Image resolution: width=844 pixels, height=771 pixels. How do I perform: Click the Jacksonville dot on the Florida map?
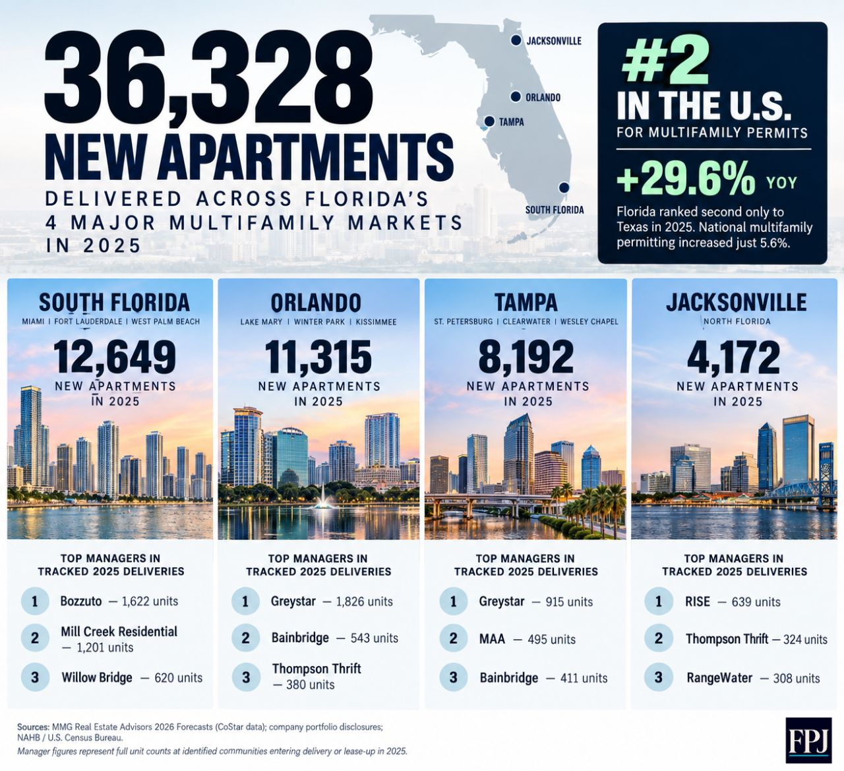point(516,40)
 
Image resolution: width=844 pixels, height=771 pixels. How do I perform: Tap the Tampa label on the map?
point(511,122)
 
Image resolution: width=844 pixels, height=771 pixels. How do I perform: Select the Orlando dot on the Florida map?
point(516,97)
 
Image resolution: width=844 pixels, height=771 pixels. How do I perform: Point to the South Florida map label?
point(555,210)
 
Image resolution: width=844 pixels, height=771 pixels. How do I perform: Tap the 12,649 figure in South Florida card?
point(115,357)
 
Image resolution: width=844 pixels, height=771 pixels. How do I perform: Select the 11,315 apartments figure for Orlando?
point(318,357)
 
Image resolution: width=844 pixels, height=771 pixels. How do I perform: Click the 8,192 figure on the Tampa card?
point(526,357)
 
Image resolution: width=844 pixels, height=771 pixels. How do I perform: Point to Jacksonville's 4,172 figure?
point(734,357)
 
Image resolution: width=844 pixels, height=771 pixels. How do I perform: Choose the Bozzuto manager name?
point(81,601)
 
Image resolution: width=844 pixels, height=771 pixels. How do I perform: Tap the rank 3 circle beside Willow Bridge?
point(35,677)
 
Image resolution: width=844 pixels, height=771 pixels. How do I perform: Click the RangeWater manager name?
point(719,678)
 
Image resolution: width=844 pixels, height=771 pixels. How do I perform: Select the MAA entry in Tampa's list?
point(492,639)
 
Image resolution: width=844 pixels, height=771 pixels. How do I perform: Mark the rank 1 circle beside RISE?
point(659,601)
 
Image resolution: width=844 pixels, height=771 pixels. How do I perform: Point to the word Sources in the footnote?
point(33,727)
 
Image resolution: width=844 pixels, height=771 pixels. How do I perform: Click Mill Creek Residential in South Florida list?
point(119,632)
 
